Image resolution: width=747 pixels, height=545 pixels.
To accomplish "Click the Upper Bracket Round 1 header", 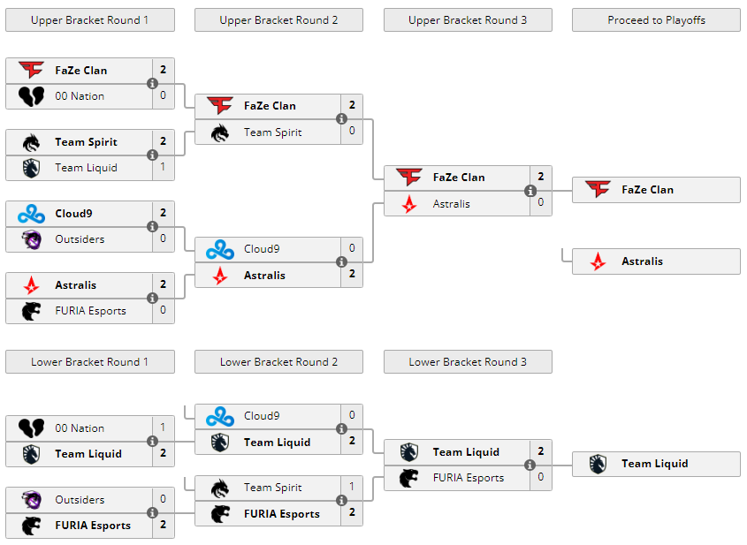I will pyautogui.click(x=89, y=19).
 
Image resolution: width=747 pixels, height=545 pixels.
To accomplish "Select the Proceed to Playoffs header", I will pyautogui.click(x=656, y=19).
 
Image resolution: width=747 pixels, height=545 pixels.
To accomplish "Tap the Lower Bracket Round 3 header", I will pyautogui.click(x=468, y=361).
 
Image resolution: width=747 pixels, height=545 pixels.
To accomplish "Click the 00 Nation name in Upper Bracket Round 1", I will pyautogui.click(x=80, y=96).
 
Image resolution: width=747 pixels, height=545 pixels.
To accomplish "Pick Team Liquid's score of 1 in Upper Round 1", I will pyautogui.click(x=163, y=167).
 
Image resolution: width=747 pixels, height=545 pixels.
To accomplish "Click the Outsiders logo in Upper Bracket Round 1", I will pyautogui.click(x=31, y=239).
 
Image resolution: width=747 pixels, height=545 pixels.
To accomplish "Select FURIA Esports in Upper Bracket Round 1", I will pyautogui.click(x=90, y=311).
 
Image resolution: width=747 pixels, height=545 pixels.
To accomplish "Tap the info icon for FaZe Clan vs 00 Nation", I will pyautogui.click(x=152, y=84).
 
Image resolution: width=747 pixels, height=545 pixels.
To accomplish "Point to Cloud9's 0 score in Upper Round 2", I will pyautogui.click(x=352, y=248).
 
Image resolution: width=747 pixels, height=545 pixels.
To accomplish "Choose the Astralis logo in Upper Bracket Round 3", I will pyautogui.click(x=409, y=204).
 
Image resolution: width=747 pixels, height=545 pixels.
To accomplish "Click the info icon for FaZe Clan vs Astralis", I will pyautogui.click(x=530, y=191).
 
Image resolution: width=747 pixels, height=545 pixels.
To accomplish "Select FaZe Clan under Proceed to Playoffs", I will pyautogui.click(x=647, y=190).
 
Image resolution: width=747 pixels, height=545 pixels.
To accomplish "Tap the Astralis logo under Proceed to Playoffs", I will pyautogui.click(x=598, y=261).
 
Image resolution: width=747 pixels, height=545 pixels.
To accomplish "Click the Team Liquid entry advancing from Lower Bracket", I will pyautogui.click(x=654, y=464).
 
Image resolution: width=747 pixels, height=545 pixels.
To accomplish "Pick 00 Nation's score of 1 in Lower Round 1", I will pyautogui.click(x=163, y=428).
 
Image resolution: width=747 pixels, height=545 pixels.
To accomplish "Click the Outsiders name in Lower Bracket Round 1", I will pyautogui.click(x=80, y=500).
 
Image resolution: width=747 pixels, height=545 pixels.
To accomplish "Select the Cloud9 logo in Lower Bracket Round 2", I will pyautogui.click(x=220, y=416).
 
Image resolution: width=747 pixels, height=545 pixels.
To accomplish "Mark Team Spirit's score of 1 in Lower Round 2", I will pyautogui.click(x=352, y=487).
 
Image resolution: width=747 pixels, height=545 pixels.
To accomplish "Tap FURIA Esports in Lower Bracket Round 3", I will pyautogui.click(x=468, y=478).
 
